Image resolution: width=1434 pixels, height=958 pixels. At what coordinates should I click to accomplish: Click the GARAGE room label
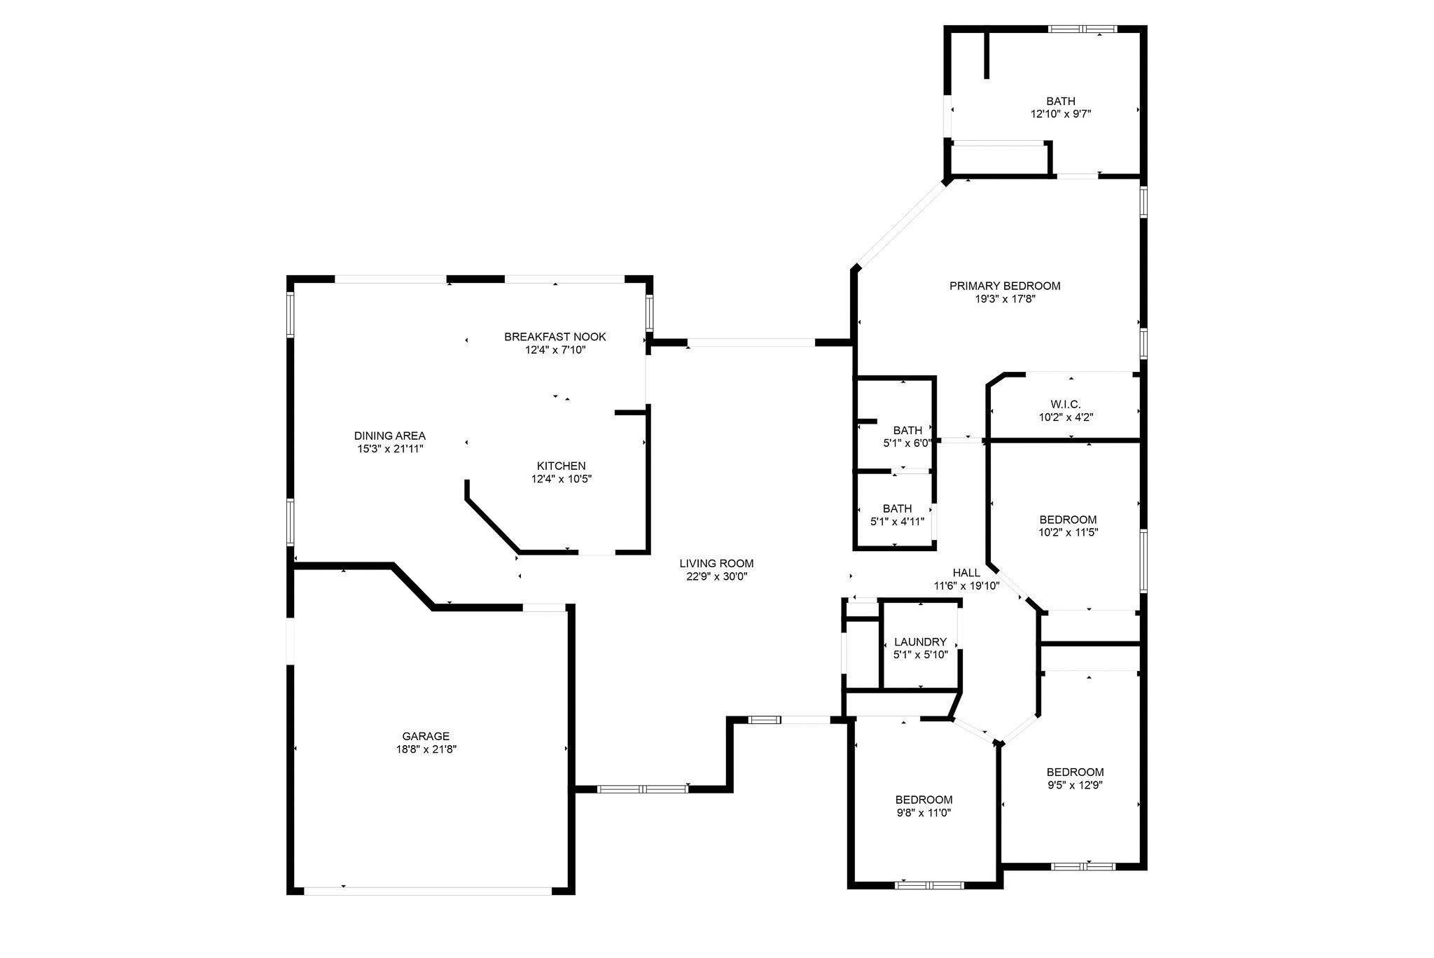tap(426, 736)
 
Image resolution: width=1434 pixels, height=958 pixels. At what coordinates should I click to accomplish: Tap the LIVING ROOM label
tap(716, 563)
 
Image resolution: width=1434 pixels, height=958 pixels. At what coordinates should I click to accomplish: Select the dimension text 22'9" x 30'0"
tap(716, 576)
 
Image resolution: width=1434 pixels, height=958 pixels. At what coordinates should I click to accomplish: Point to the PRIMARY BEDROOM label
tap(1005, 286)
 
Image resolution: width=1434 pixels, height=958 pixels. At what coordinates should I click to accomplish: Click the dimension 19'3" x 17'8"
tap(1005, 299)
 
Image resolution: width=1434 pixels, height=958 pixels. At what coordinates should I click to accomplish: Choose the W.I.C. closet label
tap(1066, 404)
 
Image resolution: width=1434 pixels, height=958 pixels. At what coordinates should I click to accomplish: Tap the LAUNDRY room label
tap(921, 641)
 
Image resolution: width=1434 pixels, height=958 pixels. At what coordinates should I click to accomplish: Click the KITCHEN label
tap(562, 466)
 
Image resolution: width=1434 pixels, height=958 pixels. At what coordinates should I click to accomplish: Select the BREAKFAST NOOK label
tap(555, 337)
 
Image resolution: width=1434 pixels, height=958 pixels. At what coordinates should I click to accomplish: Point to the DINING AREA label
tap(390, 436)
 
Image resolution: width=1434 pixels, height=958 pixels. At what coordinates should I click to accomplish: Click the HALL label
tap(966, 573)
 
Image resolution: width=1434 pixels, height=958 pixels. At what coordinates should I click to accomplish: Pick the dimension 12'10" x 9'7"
tap(1061, 114)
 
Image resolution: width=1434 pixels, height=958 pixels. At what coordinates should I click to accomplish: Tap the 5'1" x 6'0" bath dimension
tap(907, 443)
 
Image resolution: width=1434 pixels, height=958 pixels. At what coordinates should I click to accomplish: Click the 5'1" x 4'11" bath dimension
tap(897, 522)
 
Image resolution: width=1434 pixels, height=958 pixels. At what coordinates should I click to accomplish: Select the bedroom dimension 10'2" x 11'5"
tap(1068, 532)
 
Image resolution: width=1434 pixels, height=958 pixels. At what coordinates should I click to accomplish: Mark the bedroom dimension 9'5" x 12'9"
tap(1075, 786)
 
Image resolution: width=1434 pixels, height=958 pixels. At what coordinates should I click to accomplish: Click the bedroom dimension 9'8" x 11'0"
tap(924, 813)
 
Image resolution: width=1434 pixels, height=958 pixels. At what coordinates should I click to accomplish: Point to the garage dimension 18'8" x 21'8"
tap(426, 749)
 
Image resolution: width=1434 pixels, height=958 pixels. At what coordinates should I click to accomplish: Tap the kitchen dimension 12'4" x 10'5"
tap(562, 479)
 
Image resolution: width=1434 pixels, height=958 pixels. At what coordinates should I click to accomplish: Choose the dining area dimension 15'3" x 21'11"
tap(390, 449)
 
